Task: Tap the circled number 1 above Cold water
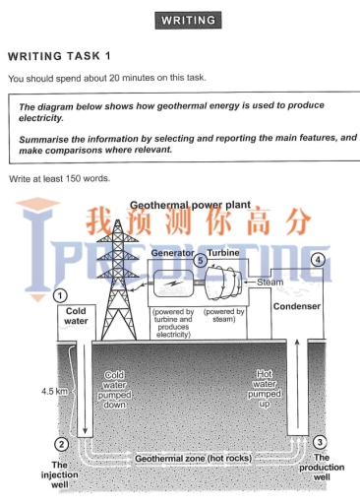(61, 294)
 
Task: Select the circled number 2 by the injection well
(61, 444)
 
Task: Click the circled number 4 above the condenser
(317, 260)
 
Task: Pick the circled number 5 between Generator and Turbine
(200, 261)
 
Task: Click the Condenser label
(296, 306)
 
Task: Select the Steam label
(270, 282)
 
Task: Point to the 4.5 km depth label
(53, 392)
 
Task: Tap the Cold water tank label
(77, 315)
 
